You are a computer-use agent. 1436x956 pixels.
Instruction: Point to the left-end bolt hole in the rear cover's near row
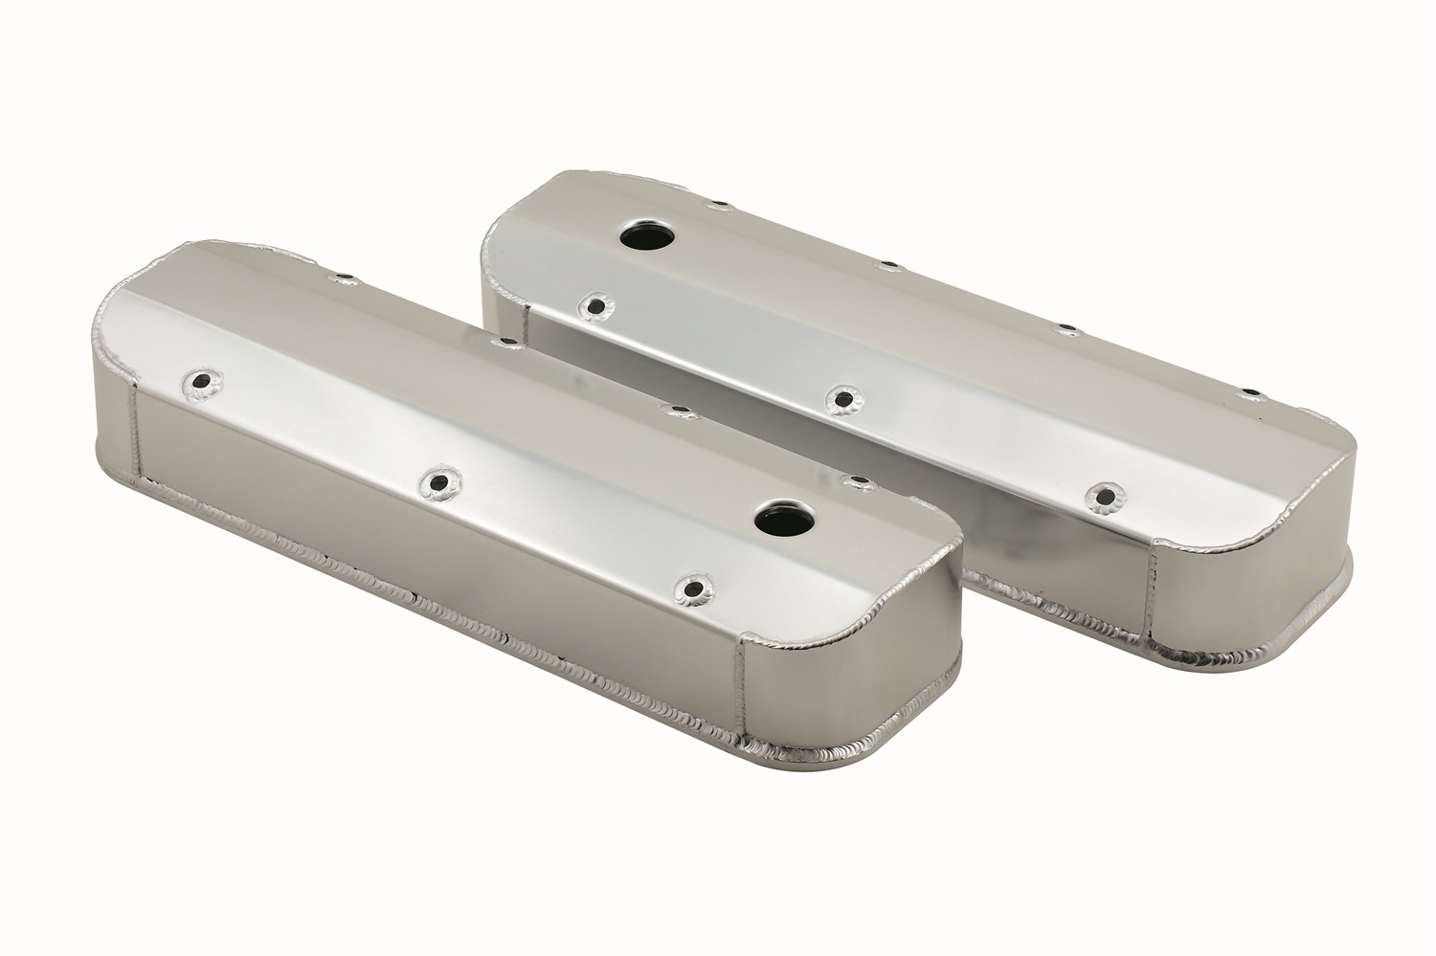599,306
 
